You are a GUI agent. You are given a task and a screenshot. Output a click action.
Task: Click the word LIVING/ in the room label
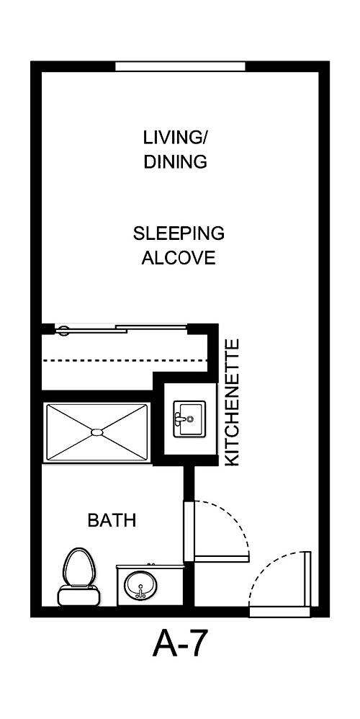coord(175,137)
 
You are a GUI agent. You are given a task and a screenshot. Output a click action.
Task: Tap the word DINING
coord(175,161)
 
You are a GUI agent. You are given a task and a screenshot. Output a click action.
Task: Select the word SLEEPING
coord(179,233)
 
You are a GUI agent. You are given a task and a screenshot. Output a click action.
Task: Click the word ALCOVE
coord(179,258)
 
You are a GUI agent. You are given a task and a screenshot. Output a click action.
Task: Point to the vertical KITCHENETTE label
coord(233,403)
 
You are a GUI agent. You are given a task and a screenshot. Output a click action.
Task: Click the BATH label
coord(112,519)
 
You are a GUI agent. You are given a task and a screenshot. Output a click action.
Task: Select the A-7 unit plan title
coord(179,643)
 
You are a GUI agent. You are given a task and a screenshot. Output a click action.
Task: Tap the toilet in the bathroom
coord(78,575)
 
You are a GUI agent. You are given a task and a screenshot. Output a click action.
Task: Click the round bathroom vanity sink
coord(141,585)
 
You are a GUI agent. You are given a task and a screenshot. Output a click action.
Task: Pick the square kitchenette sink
coord(189,419)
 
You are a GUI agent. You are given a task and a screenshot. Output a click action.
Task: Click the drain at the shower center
coord(97,432)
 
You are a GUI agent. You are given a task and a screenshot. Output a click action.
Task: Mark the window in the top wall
coord(180,66)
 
